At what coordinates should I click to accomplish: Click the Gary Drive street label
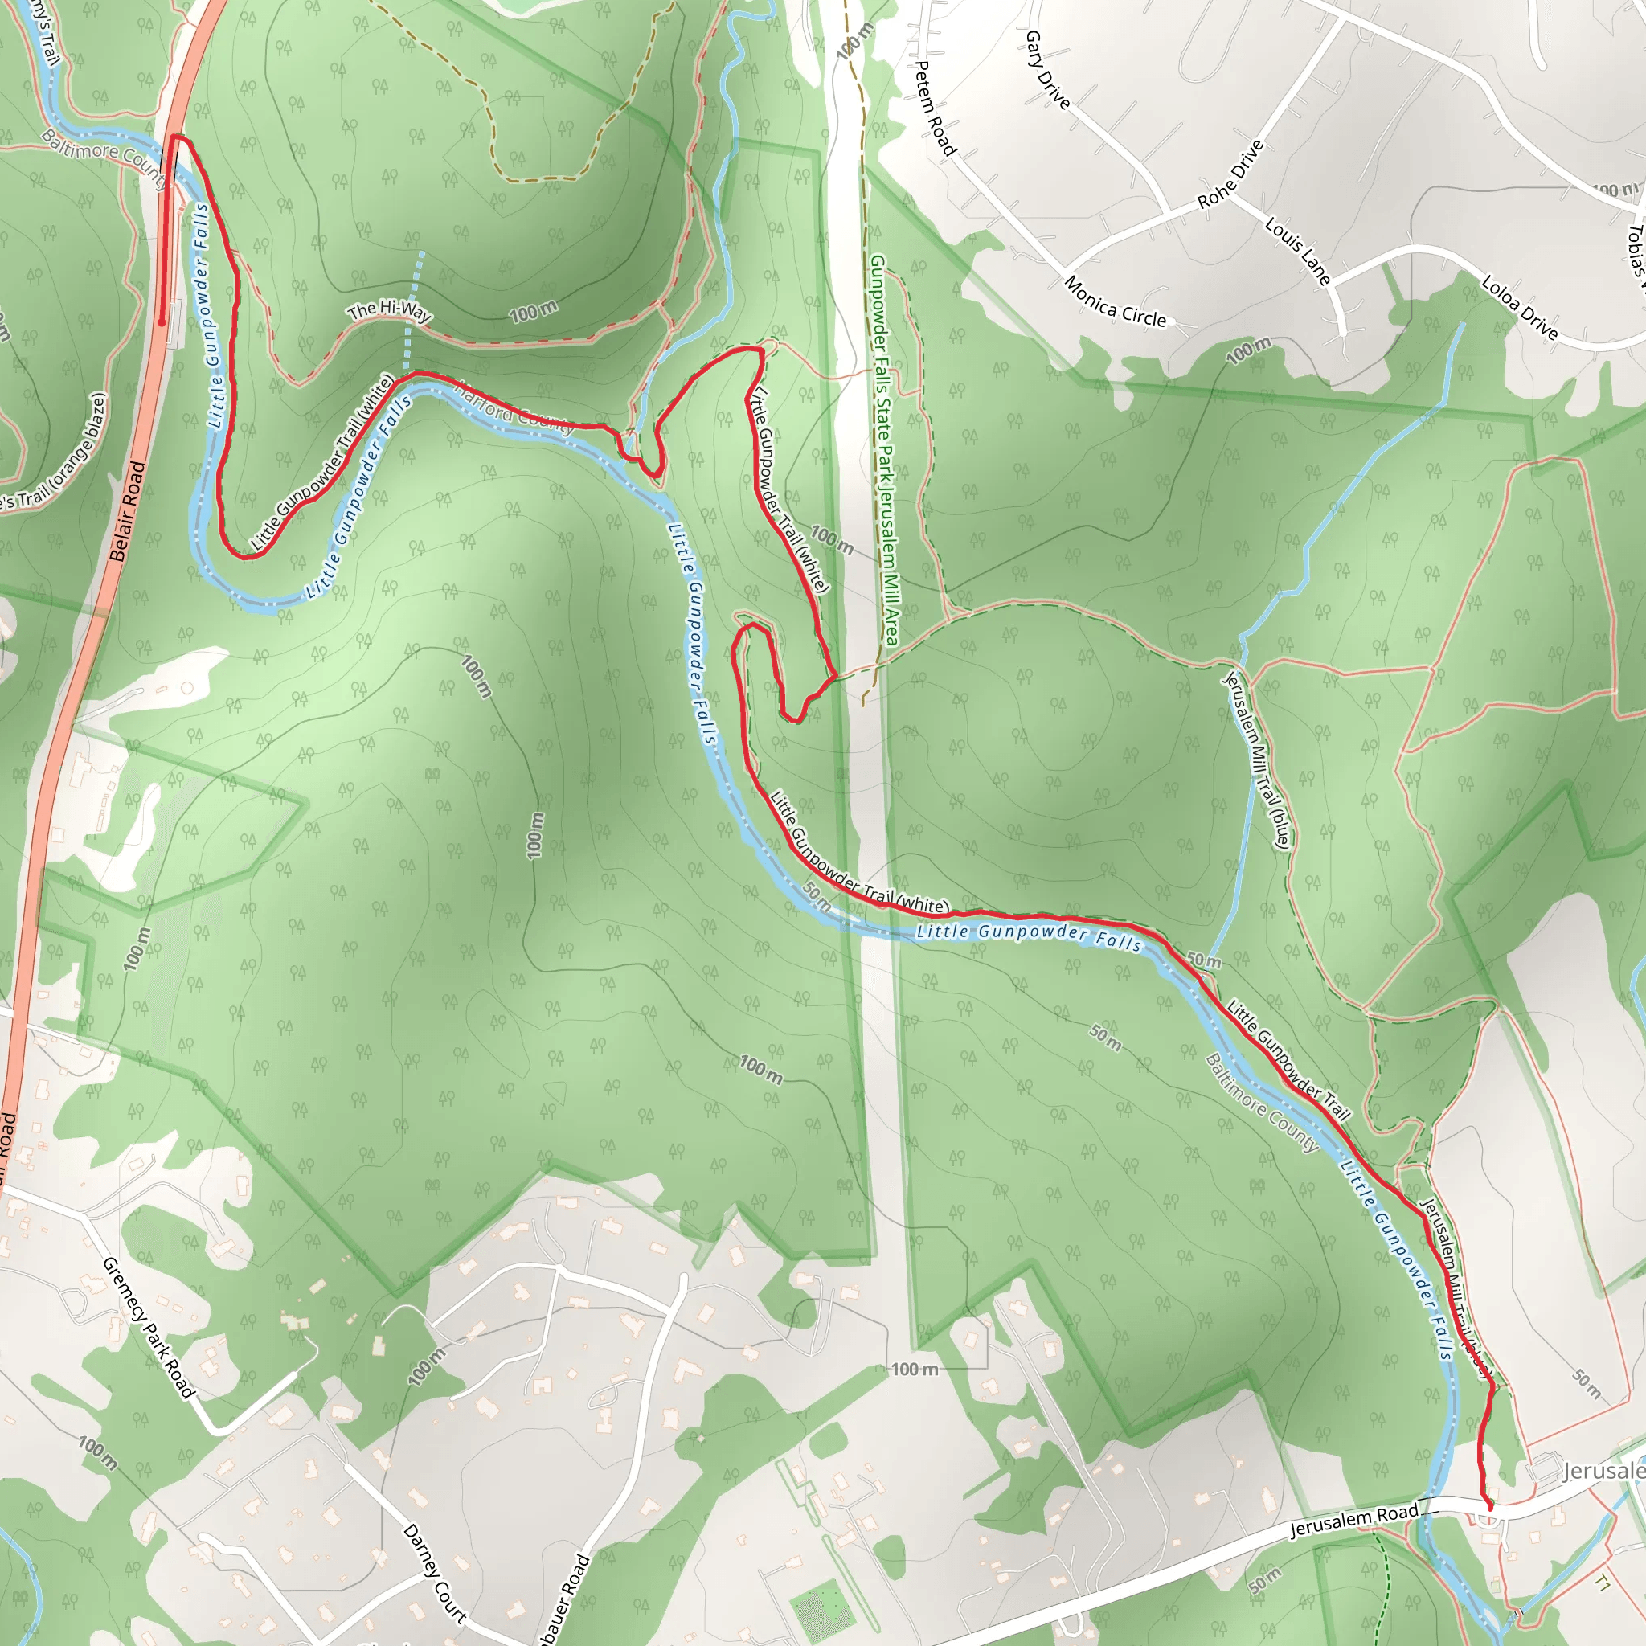point(1047,71)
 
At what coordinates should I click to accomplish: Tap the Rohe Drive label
point(1230,174)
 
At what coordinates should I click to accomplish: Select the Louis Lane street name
point(1296,251)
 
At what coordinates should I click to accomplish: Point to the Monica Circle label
point(1115,301)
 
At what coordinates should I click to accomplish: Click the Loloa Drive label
point(1519,308)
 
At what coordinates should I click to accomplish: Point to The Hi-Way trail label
point(389,311)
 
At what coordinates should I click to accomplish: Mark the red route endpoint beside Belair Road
point(161,323)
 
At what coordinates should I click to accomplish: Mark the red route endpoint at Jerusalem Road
point(1490,1507)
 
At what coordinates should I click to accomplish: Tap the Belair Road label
point(128,511)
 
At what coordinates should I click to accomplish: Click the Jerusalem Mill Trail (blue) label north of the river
point(1258,759)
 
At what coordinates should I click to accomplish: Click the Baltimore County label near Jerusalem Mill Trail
point(1262,1103)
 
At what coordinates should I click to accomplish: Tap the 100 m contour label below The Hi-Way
point(534,313)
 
